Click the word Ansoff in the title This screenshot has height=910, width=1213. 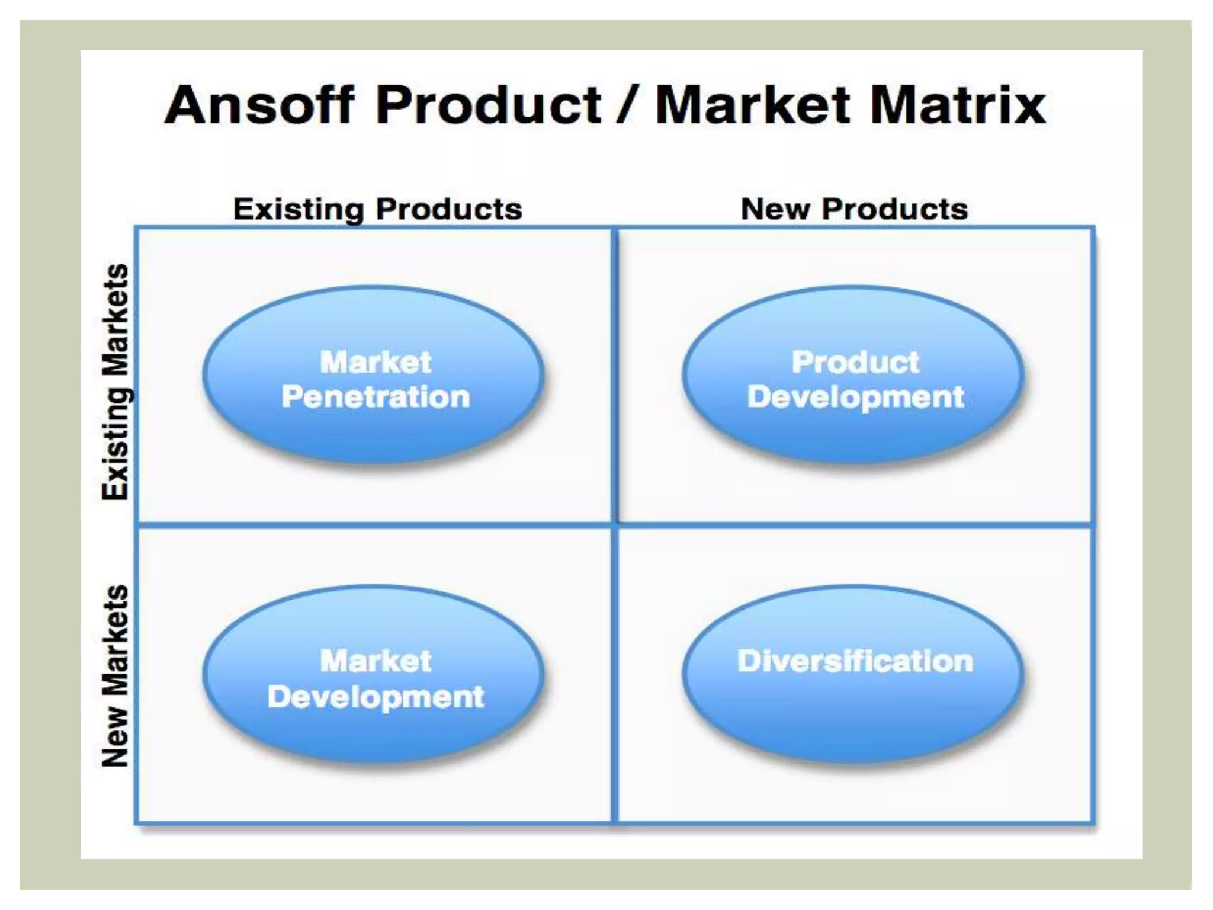click(x=259, y=105)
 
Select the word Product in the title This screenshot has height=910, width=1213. click(x=489, y=105)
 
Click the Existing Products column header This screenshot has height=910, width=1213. click(x=377, y=209)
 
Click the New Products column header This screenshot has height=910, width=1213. click(x=854, y=209)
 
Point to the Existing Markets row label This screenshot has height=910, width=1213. click(x=115, y=382)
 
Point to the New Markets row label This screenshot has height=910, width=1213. click(x=115, y=676)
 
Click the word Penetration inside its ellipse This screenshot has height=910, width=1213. click(x=376, y=396)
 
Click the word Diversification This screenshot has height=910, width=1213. click(x=855, y=661)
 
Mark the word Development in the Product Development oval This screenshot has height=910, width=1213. click(x=855, y=398)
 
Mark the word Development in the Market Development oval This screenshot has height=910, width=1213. click(x=376, y=697)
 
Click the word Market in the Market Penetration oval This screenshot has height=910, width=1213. click(x=376, y=362)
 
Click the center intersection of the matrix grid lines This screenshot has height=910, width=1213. click(x=615, y=524)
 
